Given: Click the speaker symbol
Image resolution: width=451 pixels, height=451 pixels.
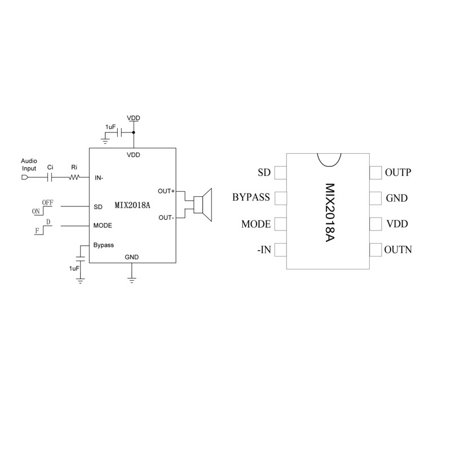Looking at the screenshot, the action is tap(203, 205).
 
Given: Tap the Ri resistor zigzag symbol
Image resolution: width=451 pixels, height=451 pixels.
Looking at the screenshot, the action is tap(74, 178).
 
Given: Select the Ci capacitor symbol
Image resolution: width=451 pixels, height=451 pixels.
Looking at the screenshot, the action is tap(50, 178).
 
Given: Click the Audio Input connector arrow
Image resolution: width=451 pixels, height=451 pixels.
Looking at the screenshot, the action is tap(25, 178).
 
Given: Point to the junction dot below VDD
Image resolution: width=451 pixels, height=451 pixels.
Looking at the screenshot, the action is tap(134, 132).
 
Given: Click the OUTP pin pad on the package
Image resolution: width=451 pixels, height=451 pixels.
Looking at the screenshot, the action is tap(375, 173).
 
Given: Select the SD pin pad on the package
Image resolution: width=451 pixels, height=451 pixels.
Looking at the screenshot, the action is tap(280, 173).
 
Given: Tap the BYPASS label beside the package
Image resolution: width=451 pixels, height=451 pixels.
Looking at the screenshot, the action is tap(251, 197).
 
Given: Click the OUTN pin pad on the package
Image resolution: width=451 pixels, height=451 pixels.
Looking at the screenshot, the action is tap(375, 250).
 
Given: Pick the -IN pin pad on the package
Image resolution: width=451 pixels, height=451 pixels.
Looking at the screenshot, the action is tap(280, 250).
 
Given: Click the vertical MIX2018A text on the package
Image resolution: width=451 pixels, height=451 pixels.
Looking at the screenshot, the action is tap(330, 213).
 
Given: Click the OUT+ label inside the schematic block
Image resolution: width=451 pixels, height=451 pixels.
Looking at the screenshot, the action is tap(166, 191).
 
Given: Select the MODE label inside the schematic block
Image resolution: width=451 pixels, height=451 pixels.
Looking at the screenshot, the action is tap(103, 225).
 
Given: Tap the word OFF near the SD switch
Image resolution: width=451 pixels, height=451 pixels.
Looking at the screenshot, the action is tap(48, 202).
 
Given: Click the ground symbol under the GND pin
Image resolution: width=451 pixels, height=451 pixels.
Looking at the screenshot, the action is tap(132, 280).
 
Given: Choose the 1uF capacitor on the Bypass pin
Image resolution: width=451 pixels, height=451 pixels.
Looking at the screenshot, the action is tap(80, 258).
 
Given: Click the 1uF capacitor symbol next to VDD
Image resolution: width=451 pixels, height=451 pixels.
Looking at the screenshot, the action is tap(120, 132).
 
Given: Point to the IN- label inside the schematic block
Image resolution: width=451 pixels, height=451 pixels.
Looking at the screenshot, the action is tap(99, 178).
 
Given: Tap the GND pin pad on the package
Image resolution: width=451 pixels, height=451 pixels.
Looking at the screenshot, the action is tap(375, 198).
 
